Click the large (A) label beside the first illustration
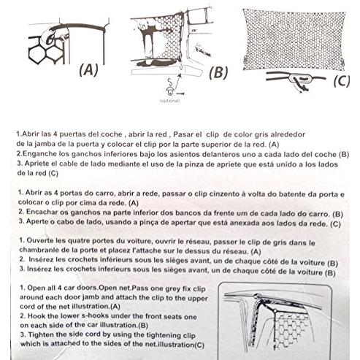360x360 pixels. click(x=87, y=70)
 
